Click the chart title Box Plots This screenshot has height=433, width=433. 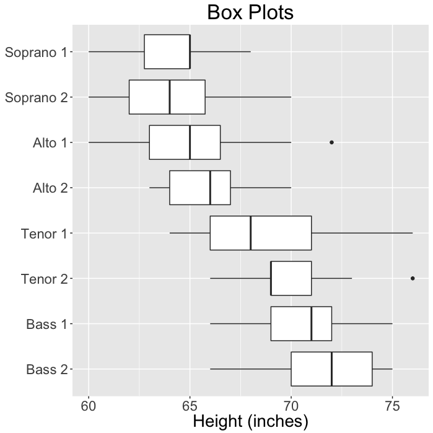point(250,12)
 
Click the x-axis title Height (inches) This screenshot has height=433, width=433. point(250,421)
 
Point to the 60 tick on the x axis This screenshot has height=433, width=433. point(89,405)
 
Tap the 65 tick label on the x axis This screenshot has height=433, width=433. point(190,405)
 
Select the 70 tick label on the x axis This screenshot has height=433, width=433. point(291,405)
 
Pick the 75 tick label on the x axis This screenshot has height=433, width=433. point(391,405)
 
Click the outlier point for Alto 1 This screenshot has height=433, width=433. point(331,142)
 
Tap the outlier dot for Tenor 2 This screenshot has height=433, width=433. point(413,278)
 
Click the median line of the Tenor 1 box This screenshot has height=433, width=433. point(250,233)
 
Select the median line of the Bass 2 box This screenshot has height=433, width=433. point(331,369)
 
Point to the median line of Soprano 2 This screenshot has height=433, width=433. point(170,97)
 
